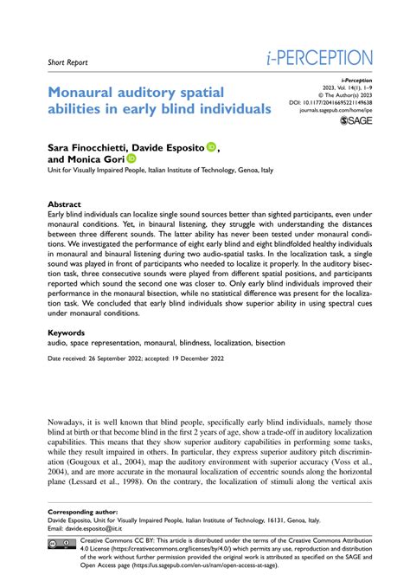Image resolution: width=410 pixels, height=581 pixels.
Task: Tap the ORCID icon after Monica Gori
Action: (x=131, y=158)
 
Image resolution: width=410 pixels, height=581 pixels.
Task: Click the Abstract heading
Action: (x=65, y=205)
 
